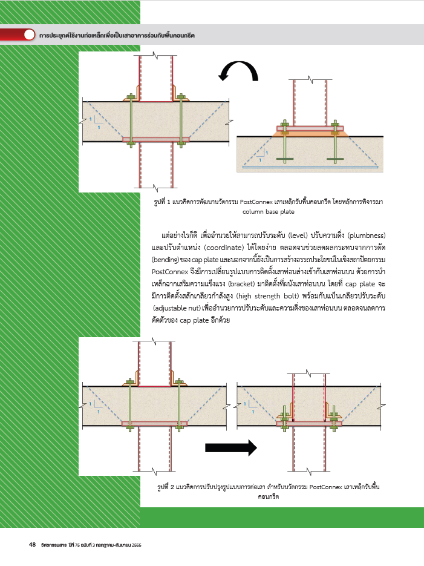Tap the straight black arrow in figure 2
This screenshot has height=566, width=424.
tap(231, 448)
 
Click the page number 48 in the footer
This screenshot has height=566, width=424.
tap(33, 545)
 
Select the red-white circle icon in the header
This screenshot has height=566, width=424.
tap(29, 35)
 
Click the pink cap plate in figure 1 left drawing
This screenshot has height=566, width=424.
tap(156, 139)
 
